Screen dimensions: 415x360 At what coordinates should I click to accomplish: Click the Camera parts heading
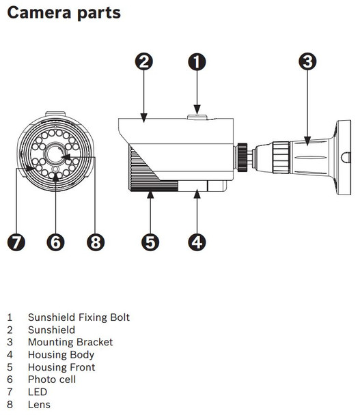click(64, 12)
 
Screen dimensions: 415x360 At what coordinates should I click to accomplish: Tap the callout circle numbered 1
click(197, 61)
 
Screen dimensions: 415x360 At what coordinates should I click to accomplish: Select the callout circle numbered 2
click(143, 61)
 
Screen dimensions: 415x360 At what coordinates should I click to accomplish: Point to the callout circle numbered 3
click(307, 61)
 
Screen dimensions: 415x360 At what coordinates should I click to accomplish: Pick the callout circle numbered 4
click(197, 241)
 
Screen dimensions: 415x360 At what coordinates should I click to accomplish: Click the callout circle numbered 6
click(56, 241)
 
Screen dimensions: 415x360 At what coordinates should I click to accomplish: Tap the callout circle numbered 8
click(96, 241)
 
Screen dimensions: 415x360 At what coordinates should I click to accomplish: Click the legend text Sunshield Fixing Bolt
click(79, 317)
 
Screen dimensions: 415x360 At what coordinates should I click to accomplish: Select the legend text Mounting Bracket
click(70, 342)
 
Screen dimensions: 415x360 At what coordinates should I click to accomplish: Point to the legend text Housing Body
click(61, 355)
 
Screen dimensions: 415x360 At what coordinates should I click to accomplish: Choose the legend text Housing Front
click(61, 367)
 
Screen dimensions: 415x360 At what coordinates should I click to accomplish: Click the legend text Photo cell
click(52, 380)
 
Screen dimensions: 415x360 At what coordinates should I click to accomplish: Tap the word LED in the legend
click(38, 392)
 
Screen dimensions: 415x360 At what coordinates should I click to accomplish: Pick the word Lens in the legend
click(39, 405)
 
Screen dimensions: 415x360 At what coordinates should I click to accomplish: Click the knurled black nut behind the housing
click(242, 156)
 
